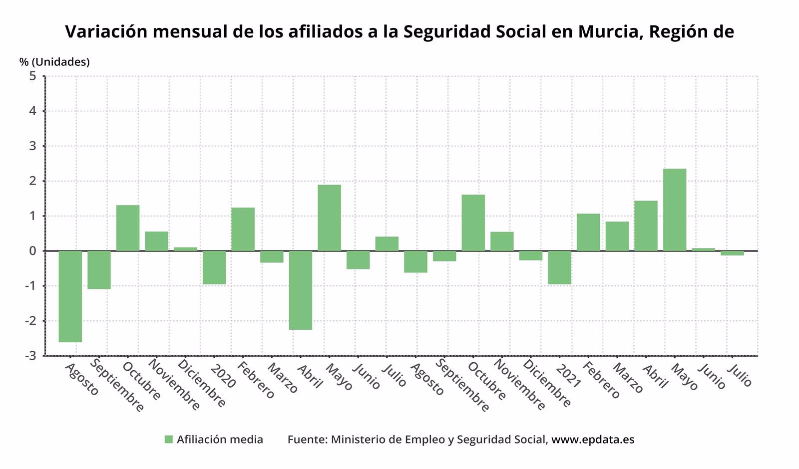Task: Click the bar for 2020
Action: click(x=214, y=267)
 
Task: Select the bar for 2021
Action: click(x=559, y=267)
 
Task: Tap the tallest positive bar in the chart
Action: click(x=675, y=210)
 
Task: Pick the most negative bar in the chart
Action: click(x=70, y=296)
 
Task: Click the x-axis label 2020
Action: click(x=223, y=377)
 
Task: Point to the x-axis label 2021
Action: click(x=568, y=377)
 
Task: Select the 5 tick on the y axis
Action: click(x=33, y=76)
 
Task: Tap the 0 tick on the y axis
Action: click(x=33, y=251)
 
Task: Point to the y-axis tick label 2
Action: click(x=33, y=181)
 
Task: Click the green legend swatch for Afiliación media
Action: click(x=169, y=440)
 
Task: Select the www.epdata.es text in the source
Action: click(x=593, y=440)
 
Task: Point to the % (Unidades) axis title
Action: click(x=54, y=62)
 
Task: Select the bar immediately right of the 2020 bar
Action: click(x=243, y=230)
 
